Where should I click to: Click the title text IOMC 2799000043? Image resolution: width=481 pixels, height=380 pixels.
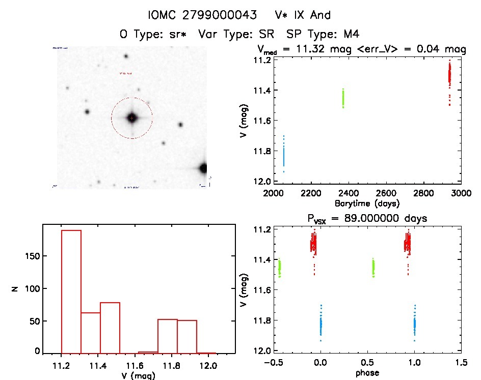click(202, 15)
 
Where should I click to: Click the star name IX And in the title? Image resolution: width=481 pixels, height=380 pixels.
click(316, 15)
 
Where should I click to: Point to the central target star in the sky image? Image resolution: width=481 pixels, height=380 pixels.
click(132, 118)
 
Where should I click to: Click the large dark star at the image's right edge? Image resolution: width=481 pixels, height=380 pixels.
click(204, 168)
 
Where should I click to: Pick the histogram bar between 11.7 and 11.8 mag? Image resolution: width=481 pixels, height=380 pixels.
click(168, 336)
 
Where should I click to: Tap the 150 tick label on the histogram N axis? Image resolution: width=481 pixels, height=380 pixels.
click(31, 256)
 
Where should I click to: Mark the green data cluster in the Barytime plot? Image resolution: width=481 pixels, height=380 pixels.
click(343, 98)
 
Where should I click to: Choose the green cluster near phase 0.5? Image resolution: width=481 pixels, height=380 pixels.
click(373, 267)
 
